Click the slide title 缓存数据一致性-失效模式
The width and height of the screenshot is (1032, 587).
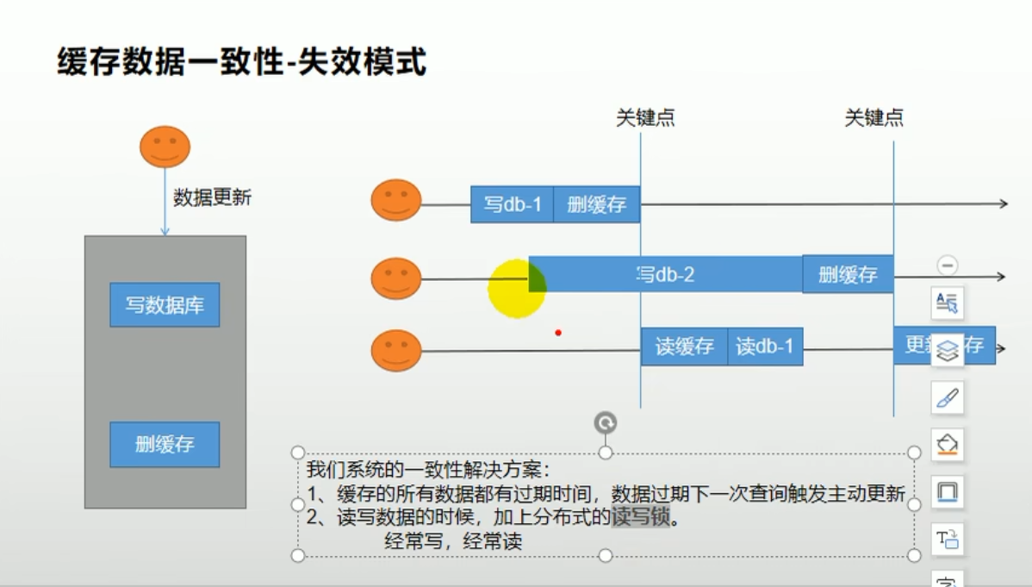[242, 62]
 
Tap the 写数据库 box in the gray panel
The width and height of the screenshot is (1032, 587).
[165, 304]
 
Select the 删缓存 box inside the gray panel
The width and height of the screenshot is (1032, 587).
[165, 444]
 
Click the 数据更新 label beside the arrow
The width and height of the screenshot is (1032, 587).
[213, 197]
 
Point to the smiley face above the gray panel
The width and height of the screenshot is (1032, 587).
[165, 147]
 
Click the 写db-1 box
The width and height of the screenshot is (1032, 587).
[512, 204]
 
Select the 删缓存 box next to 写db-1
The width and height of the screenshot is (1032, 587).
[596, 204]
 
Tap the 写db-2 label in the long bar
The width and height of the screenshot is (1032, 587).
[665, 274]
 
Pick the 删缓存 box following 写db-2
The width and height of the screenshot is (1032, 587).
[848, 274]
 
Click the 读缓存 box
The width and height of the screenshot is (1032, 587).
[684, 347]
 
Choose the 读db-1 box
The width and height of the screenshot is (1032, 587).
[765, 347]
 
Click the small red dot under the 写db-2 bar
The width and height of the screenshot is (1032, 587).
[558, 332]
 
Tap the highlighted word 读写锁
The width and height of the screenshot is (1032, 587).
[640, 518]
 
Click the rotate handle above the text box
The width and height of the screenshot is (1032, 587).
[606, 422]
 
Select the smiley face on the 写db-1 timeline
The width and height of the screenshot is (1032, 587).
[396, 200]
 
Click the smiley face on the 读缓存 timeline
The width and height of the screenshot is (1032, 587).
[396, 351]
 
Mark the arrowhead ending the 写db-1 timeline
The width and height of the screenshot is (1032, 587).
[1003, 203]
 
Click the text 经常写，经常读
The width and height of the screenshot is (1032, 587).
[453, 541]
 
